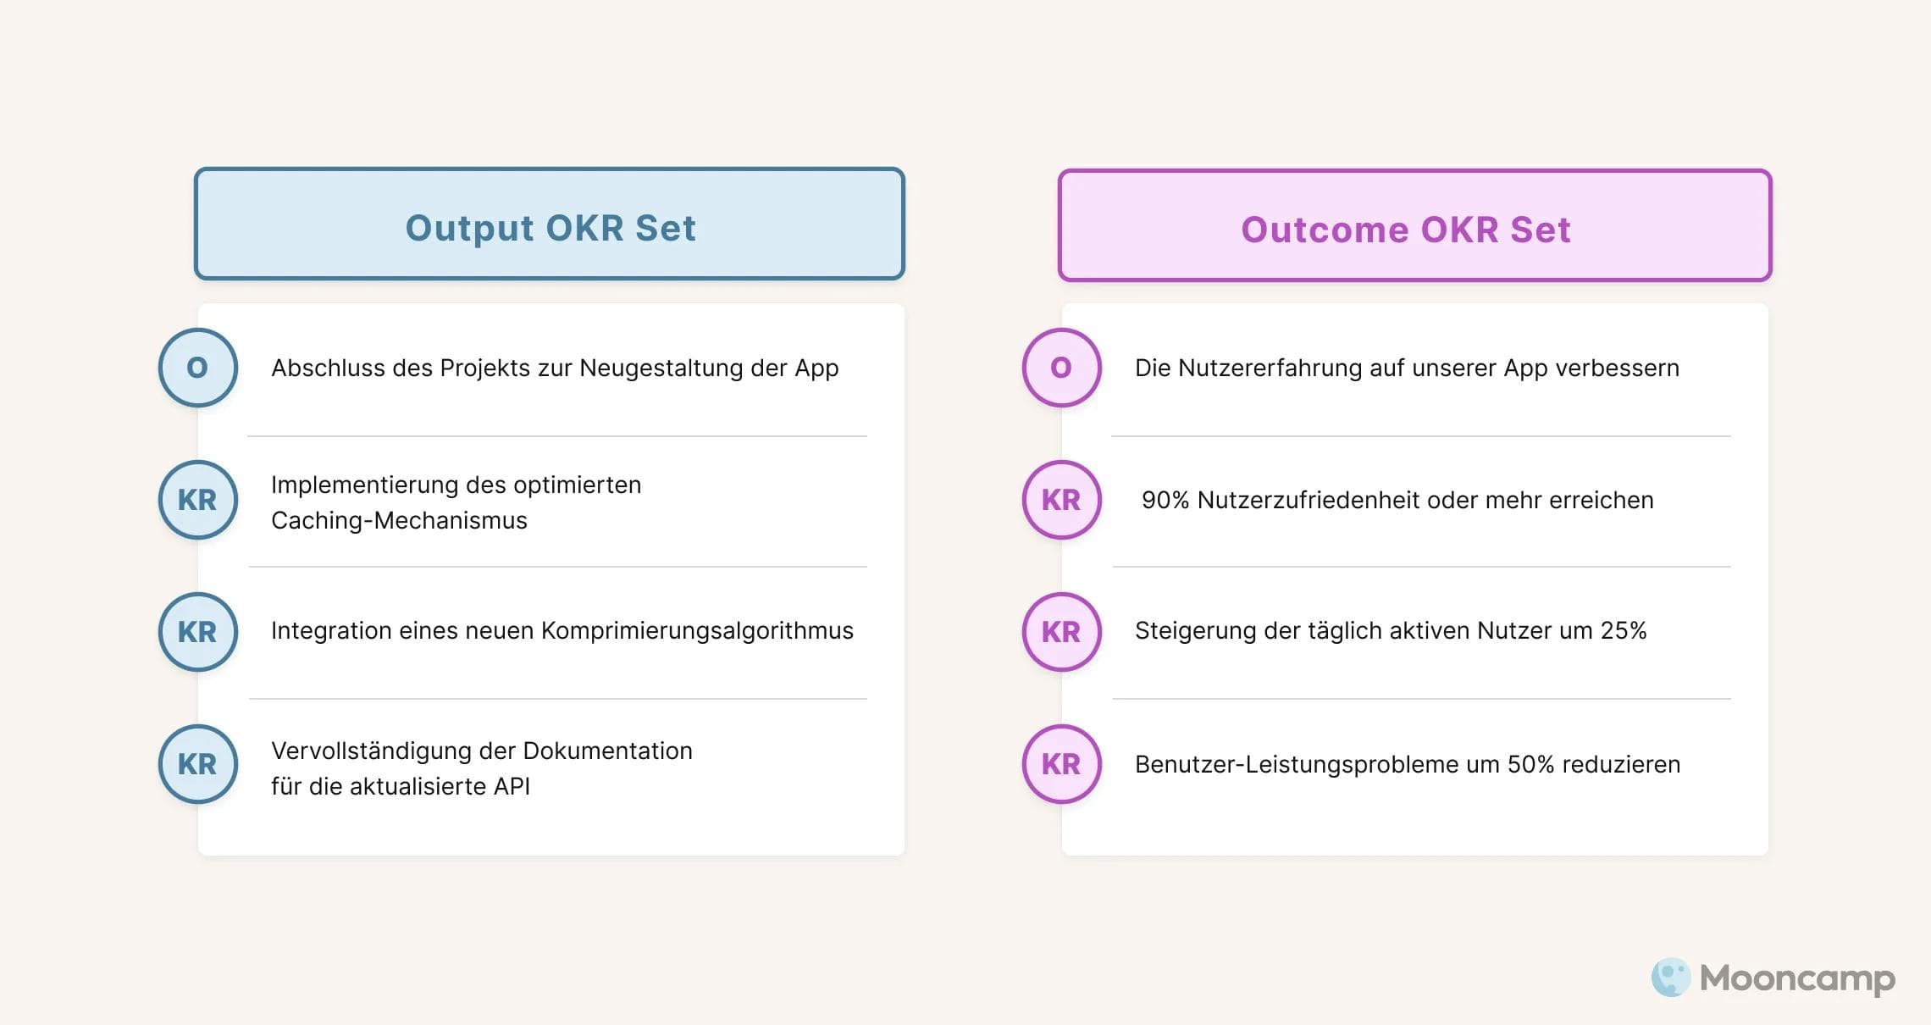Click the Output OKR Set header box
pos(550,224)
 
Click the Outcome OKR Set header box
pos(1414,226)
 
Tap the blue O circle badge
pos(198,368)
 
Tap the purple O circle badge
pos(1062,368)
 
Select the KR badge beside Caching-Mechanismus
pos(198,500)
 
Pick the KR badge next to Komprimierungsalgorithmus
pos(198,632)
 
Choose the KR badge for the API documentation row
pos(198,764)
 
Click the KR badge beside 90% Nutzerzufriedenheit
pos(1062,500)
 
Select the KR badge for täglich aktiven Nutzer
pos(1062,632)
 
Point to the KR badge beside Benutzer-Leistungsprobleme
pos(1062,764)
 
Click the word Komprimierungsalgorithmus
pos(697,631)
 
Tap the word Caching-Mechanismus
pos(399,520)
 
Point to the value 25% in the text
pos(1623,631)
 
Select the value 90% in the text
pos(1165,500)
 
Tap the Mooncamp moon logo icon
pos(1671,978)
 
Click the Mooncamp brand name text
pos(1797,978)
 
